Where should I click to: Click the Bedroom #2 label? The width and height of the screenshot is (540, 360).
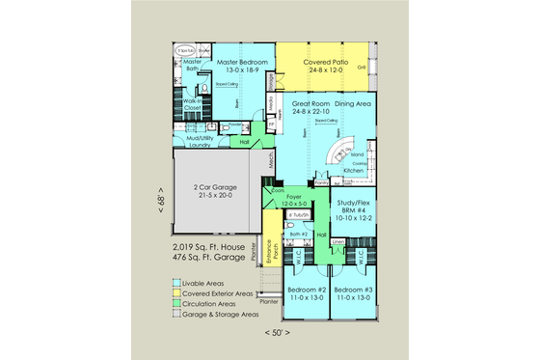pyautogui.click(x=307, y=293)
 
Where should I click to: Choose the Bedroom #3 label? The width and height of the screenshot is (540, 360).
pyautogui.click(x=354, y=293)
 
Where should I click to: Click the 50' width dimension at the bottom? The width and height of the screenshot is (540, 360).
pyautogui.click(x=278, y=332)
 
